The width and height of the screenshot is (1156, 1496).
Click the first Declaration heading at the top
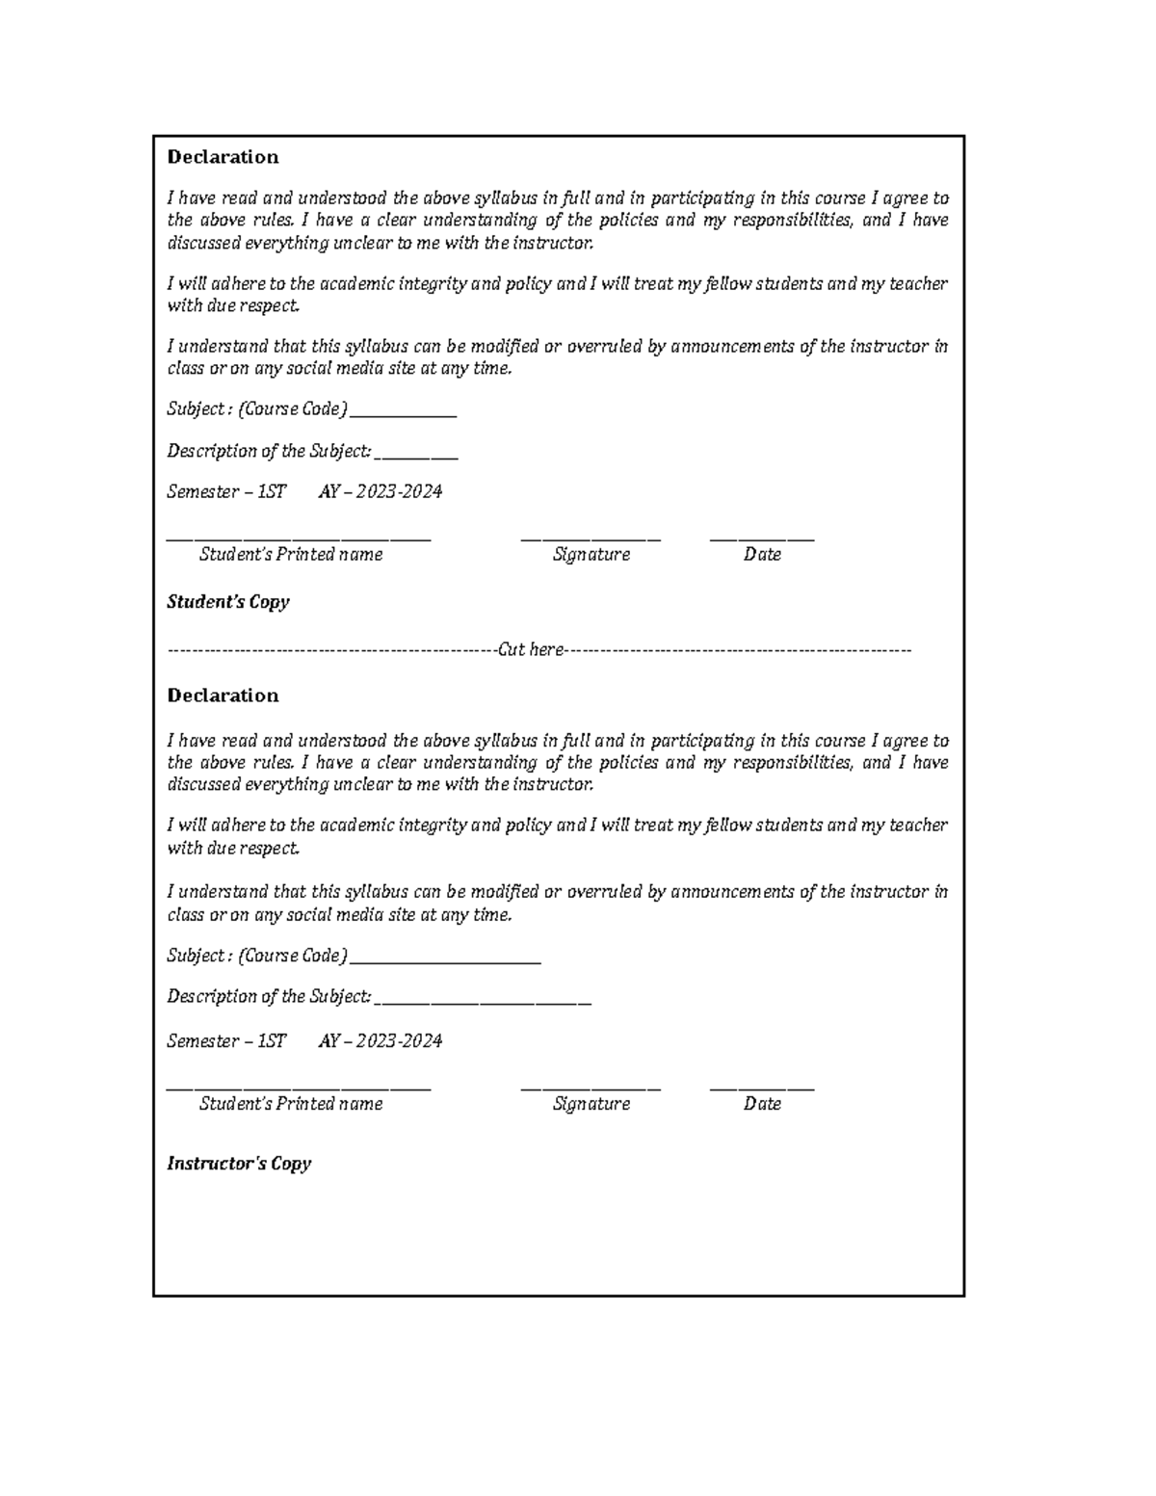coord(223,157)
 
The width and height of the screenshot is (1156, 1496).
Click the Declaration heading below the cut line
coord(223,696)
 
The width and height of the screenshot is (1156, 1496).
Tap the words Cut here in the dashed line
coord(531,650)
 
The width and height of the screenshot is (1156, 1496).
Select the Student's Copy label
coord(228,602)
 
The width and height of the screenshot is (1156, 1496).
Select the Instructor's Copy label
coord(239,1164)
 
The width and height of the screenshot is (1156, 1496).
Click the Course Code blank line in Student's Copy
coord(403,415)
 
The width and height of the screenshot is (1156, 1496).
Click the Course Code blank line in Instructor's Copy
coord(445,961)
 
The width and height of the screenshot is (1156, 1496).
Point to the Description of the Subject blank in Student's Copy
coord(416,458)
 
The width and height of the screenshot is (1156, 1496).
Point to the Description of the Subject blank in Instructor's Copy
coord(483,1003)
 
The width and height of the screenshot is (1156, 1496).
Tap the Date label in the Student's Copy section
coord(762,555)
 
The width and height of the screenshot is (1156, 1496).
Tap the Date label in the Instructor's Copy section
coord(762,1104)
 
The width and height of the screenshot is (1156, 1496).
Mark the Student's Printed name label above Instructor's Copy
coord(291,1104)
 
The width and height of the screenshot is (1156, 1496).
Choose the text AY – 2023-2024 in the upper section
coord(381,492)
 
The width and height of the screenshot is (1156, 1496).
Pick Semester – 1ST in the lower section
coord(226,1041)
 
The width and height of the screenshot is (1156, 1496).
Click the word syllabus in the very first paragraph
coord(506,198)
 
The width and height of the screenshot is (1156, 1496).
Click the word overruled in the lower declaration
coord(605,892)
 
